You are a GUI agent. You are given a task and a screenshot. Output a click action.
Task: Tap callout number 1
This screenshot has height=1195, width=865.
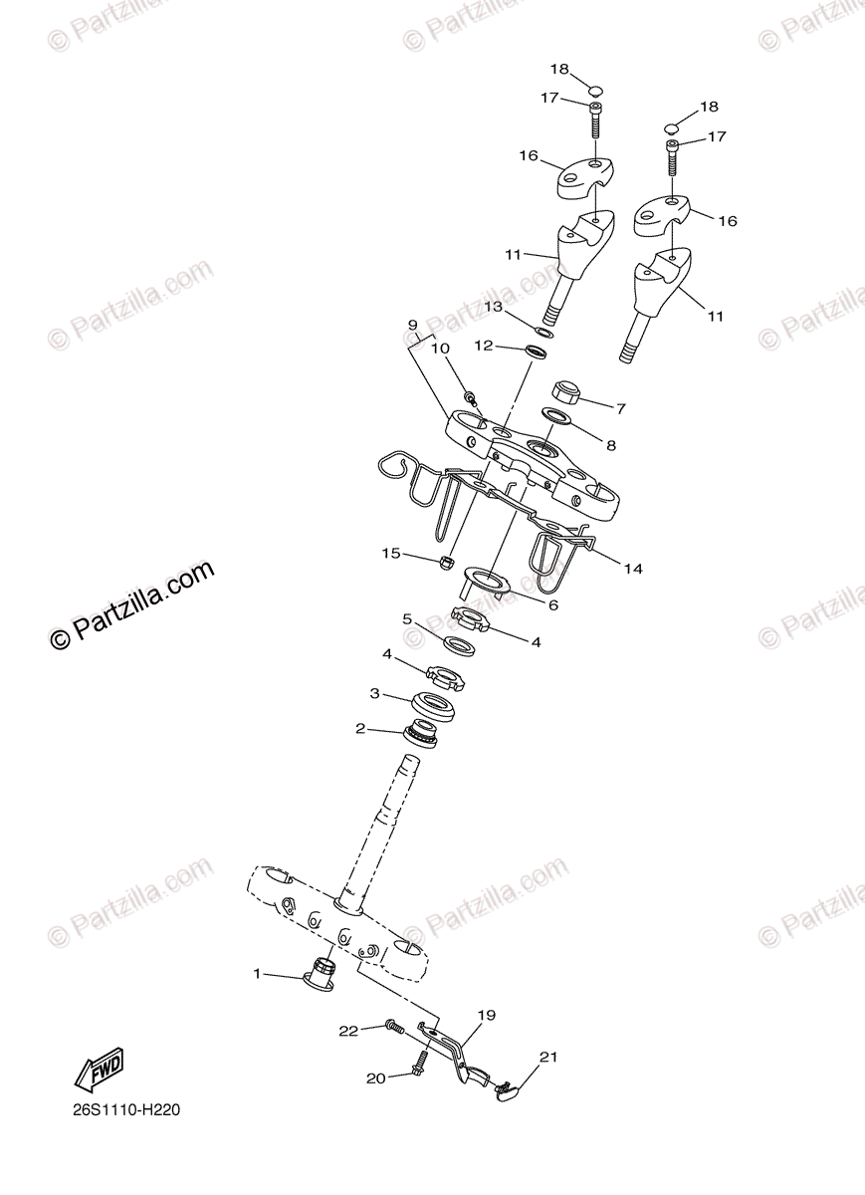(257, 973)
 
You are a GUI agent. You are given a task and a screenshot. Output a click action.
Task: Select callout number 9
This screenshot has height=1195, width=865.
(413, 326)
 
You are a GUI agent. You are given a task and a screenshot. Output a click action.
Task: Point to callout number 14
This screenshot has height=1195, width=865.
(633, 569)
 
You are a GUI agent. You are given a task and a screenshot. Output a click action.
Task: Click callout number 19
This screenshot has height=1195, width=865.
(486, 1016)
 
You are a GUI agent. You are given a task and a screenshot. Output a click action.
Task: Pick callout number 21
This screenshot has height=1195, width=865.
(548, 1057)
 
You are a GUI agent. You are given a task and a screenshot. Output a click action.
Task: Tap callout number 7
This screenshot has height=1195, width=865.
(620, 407)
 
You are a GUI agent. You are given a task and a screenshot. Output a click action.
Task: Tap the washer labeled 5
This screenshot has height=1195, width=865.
(457, 644)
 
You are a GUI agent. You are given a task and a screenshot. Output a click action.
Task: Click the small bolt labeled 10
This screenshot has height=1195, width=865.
(470, 397)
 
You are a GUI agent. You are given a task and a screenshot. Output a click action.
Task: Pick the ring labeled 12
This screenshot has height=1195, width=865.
(540, 352)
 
